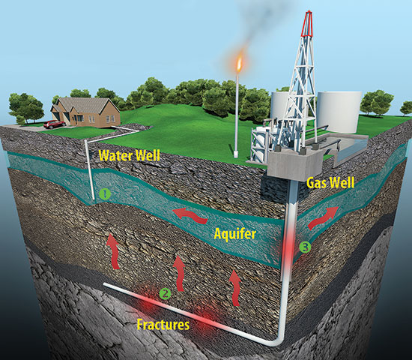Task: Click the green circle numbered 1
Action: tap(106, 193)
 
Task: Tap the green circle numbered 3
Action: tap(304, 246)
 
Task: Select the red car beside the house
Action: tap(53, 124)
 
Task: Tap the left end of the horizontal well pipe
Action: tap(106, 285)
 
